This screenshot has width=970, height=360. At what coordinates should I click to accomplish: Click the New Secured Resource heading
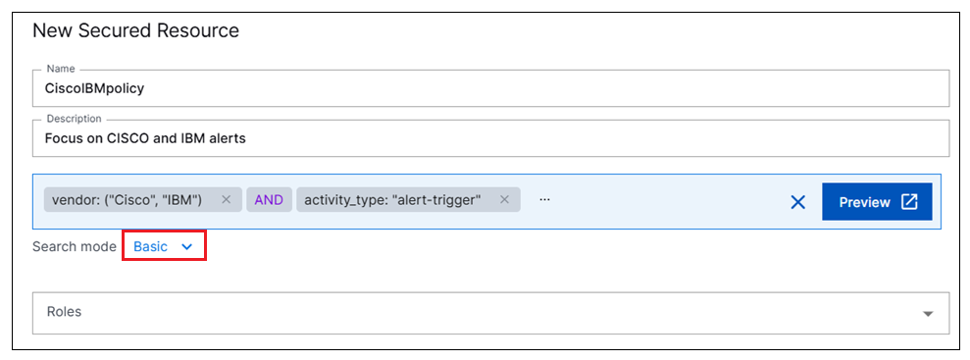[x=135, y=30]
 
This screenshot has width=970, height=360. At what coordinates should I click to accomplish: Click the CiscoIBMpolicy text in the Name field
[x=95, y=87]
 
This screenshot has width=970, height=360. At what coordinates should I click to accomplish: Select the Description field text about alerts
[x=145, y=138]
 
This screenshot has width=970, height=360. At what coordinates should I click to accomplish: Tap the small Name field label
[x=61, y=69]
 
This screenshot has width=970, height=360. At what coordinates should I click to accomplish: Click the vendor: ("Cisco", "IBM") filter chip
[x=128, y=200]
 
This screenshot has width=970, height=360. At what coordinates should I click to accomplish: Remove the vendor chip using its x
[x=226, y=200]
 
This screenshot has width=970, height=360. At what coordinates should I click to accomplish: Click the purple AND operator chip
[x=269, y=200]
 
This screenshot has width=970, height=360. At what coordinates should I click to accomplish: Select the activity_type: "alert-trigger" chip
[x=392, y=200]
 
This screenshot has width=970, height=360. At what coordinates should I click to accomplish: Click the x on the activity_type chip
[x=504, y=200]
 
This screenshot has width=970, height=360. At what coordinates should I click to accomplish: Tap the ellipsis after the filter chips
[x=544, y=200]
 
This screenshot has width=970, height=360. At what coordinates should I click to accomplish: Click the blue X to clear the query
[x=797, y=202]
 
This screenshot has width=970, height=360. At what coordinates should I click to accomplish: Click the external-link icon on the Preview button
[x=909, y=202]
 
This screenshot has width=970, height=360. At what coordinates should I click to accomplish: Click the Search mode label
[x=75, y=246]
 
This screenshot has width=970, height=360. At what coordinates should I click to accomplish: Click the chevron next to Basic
[x=186, y=247]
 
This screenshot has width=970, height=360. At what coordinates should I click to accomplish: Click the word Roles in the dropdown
[x=64, y=312]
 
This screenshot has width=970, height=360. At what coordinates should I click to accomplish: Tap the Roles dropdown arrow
[x=928, y=314]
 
